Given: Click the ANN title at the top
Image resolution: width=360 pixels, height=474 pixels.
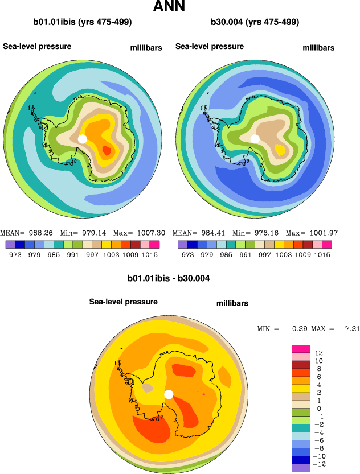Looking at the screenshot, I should [x=177, y=7].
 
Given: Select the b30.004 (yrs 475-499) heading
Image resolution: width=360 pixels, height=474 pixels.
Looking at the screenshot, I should [x=255, y=23].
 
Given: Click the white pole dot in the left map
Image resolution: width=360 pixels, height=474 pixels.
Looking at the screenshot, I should [x=82, y=139].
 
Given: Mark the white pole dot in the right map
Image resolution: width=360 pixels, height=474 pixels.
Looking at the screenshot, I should [x=255, y=138].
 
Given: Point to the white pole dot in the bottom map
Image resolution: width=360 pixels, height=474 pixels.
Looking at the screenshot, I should [x=169, y=394].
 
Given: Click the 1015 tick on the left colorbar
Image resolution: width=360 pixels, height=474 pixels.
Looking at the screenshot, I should [x=149, y=255].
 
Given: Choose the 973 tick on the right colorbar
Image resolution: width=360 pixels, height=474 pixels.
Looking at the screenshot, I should [x=188, y=255].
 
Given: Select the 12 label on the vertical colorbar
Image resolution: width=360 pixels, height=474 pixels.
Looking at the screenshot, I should [x=318, y=353].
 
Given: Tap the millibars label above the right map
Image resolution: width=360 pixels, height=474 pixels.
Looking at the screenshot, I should [x=318, y=48].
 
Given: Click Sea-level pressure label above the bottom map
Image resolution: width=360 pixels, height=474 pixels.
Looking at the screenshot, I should [x=123, y=302].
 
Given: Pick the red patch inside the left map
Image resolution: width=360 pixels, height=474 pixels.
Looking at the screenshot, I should [x=106, y=150].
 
